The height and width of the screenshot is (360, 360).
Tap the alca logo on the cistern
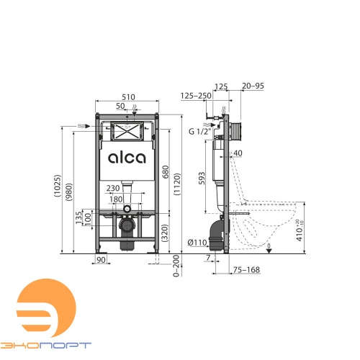(x=127, y=158)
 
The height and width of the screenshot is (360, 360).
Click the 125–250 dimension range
(x=196, y=95)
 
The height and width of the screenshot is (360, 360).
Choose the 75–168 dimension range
(x=247, y=269)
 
